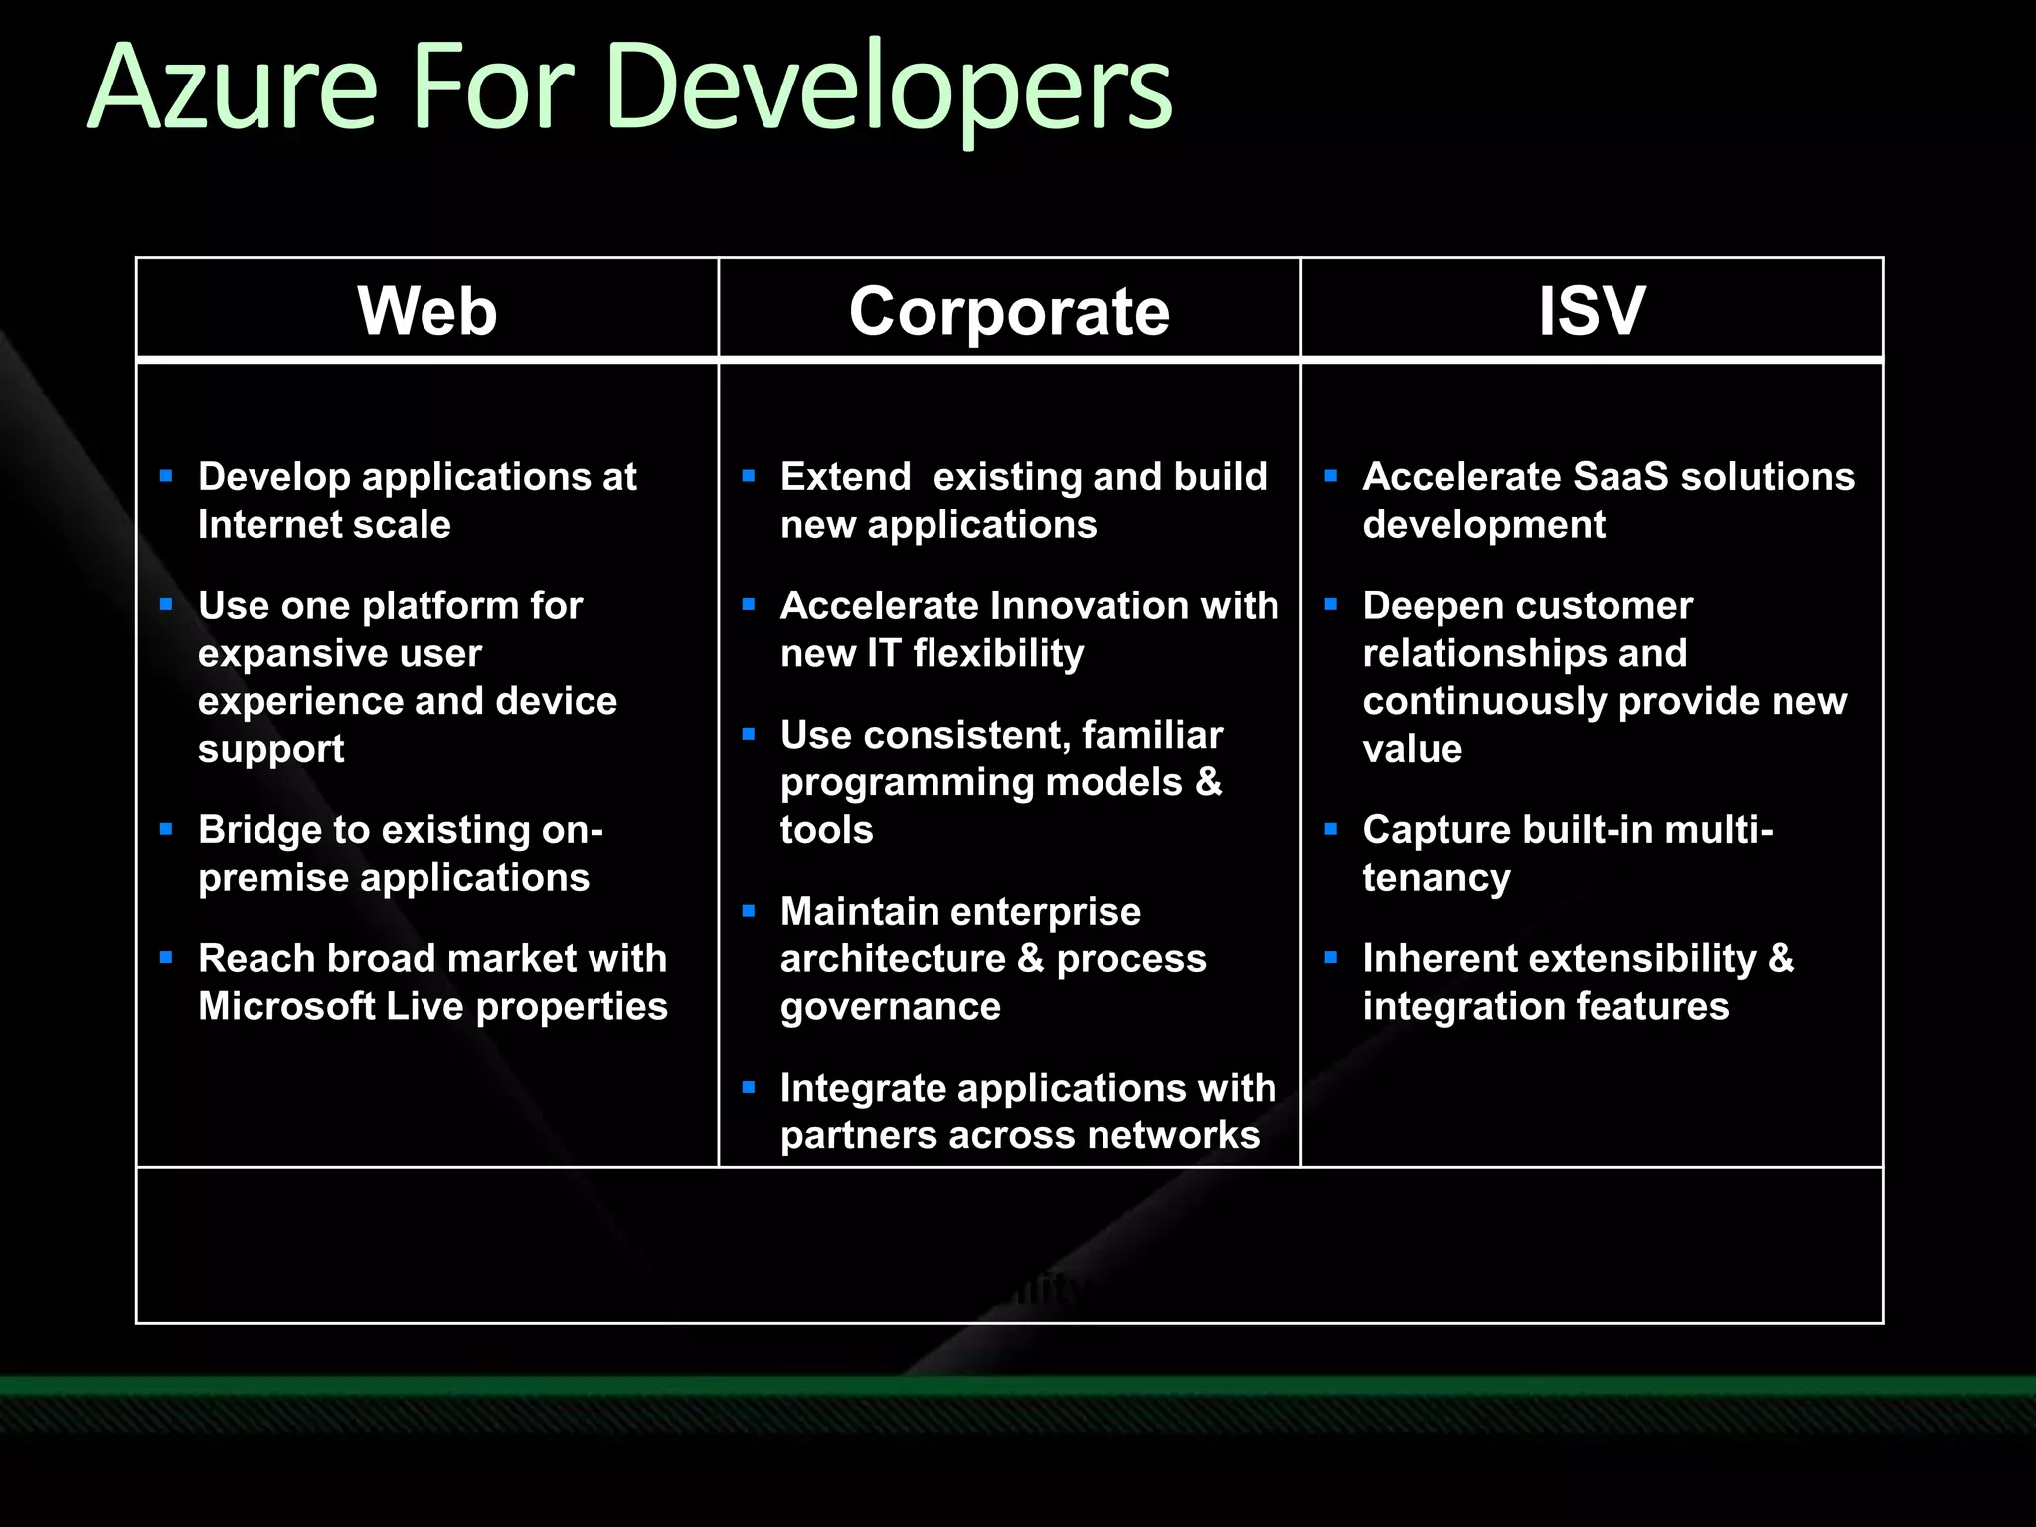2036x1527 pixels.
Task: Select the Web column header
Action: (427, 311)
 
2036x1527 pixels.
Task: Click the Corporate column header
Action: (1009, 311)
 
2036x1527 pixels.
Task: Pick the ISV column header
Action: (1592, 311)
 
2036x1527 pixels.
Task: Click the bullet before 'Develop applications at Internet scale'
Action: (166, 476)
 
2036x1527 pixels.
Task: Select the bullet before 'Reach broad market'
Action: (166, 958)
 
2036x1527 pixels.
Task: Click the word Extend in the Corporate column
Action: (845, 477)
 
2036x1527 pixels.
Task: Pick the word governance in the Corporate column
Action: (890, 1007)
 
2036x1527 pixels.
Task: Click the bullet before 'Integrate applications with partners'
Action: (749, 1088)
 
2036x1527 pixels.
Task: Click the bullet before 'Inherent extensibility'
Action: (1331, 958)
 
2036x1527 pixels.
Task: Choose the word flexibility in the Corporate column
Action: (998, 654)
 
